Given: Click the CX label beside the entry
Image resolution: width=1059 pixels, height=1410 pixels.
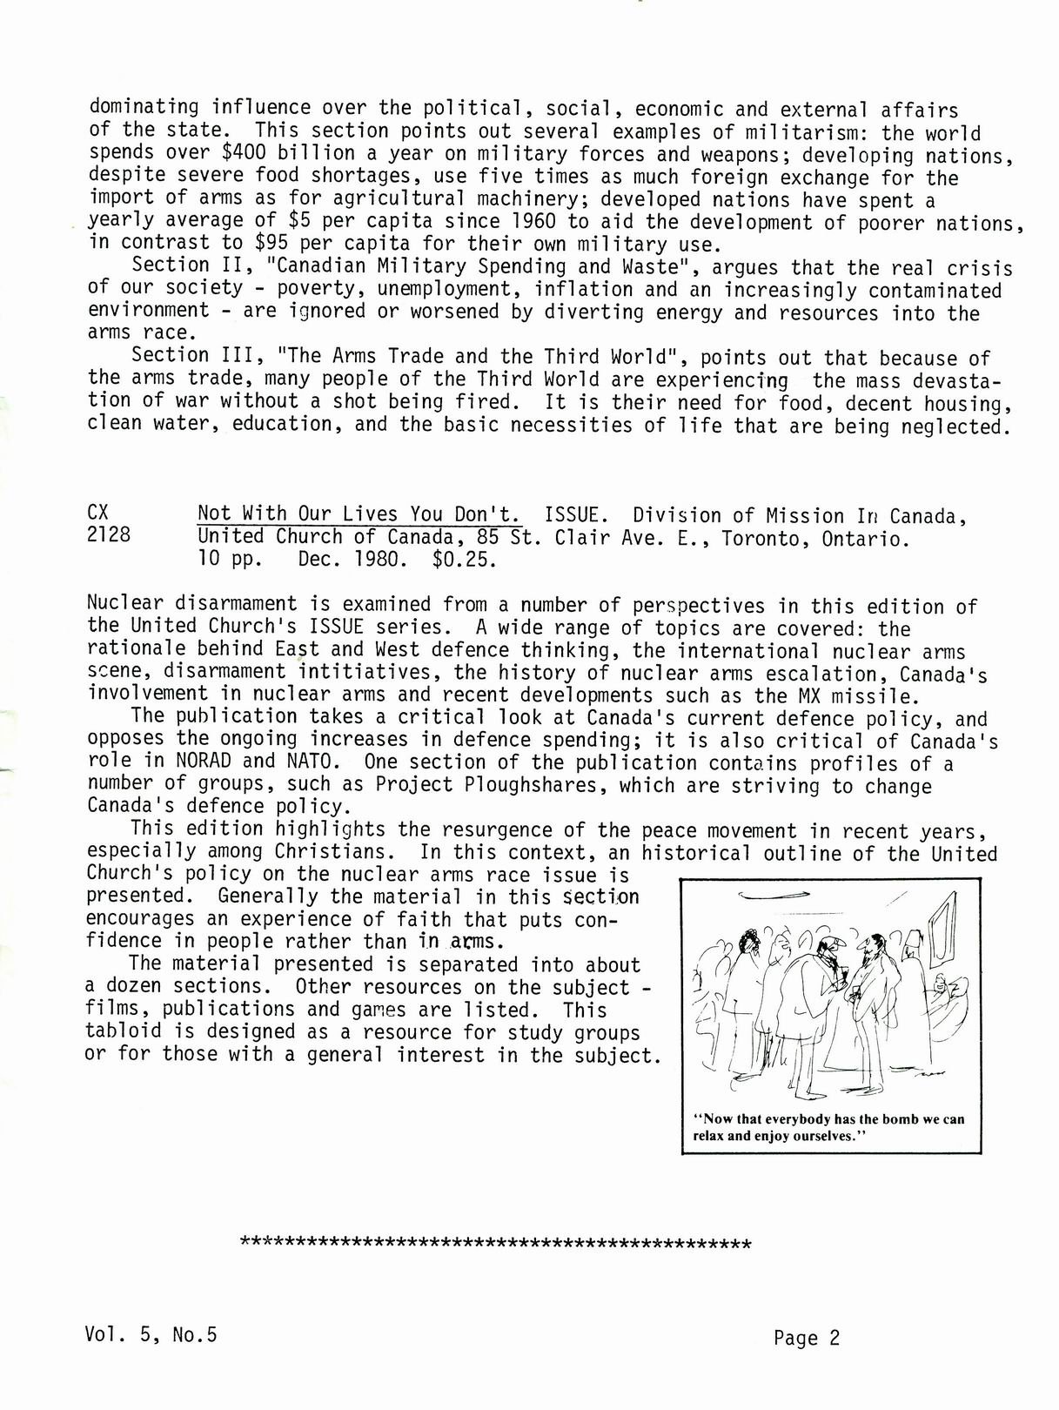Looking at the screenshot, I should (x=98, y=513).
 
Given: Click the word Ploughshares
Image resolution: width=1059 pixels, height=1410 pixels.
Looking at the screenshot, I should (x=534, y=785).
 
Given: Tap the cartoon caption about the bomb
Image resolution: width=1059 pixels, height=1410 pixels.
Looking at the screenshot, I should (x=828, y=1127).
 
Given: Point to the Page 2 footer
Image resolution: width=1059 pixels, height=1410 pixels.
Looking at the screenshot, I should (x=807, y=1338).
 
